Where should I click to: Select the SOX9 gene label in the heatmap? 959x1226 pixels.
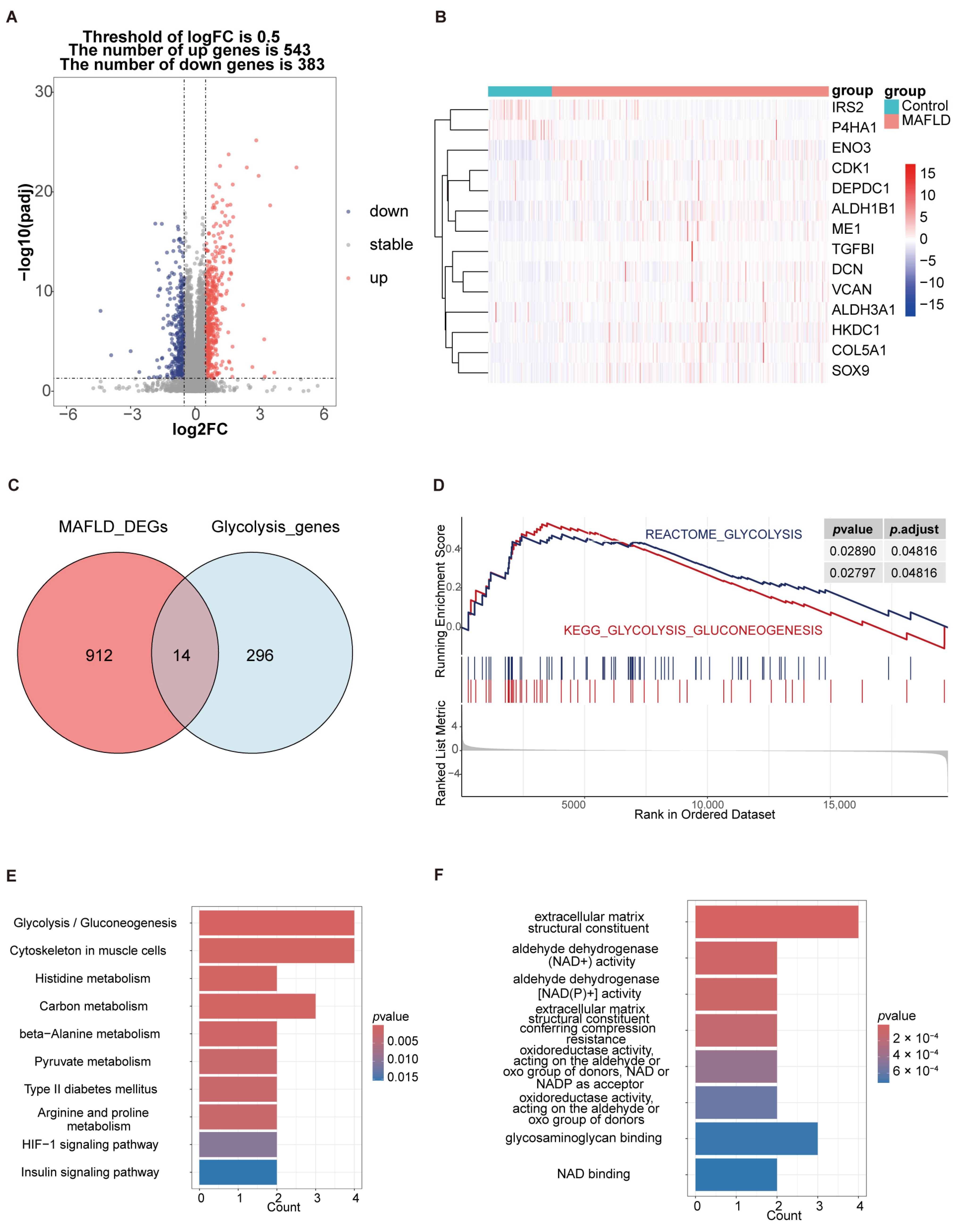(850, 371)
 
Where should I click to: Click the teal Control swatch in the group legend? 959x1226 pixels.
(891, 106)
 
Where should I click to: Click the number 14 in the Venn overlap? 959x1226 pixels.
(181, 655)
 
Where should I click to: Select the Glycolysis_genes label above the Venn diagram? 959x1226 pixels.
(275, 527)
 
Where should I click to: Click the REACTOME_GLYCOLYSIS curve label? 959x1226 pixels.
(723, 534)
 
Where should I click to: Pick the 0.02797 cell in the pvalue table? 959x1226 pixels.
(852, 573)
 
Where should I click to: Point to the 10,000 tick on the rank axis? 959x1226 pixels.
(708, 805)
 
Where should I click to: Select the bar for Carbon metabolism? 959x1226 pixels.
(257, 1006)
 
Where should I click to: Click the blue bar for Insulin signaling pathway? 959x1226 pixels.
(238, 1172)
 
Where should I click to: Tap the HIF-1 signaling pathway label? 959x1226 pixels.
(90, 1145)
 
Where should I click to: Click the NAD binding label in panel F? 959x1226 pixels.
(593, 1174)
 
